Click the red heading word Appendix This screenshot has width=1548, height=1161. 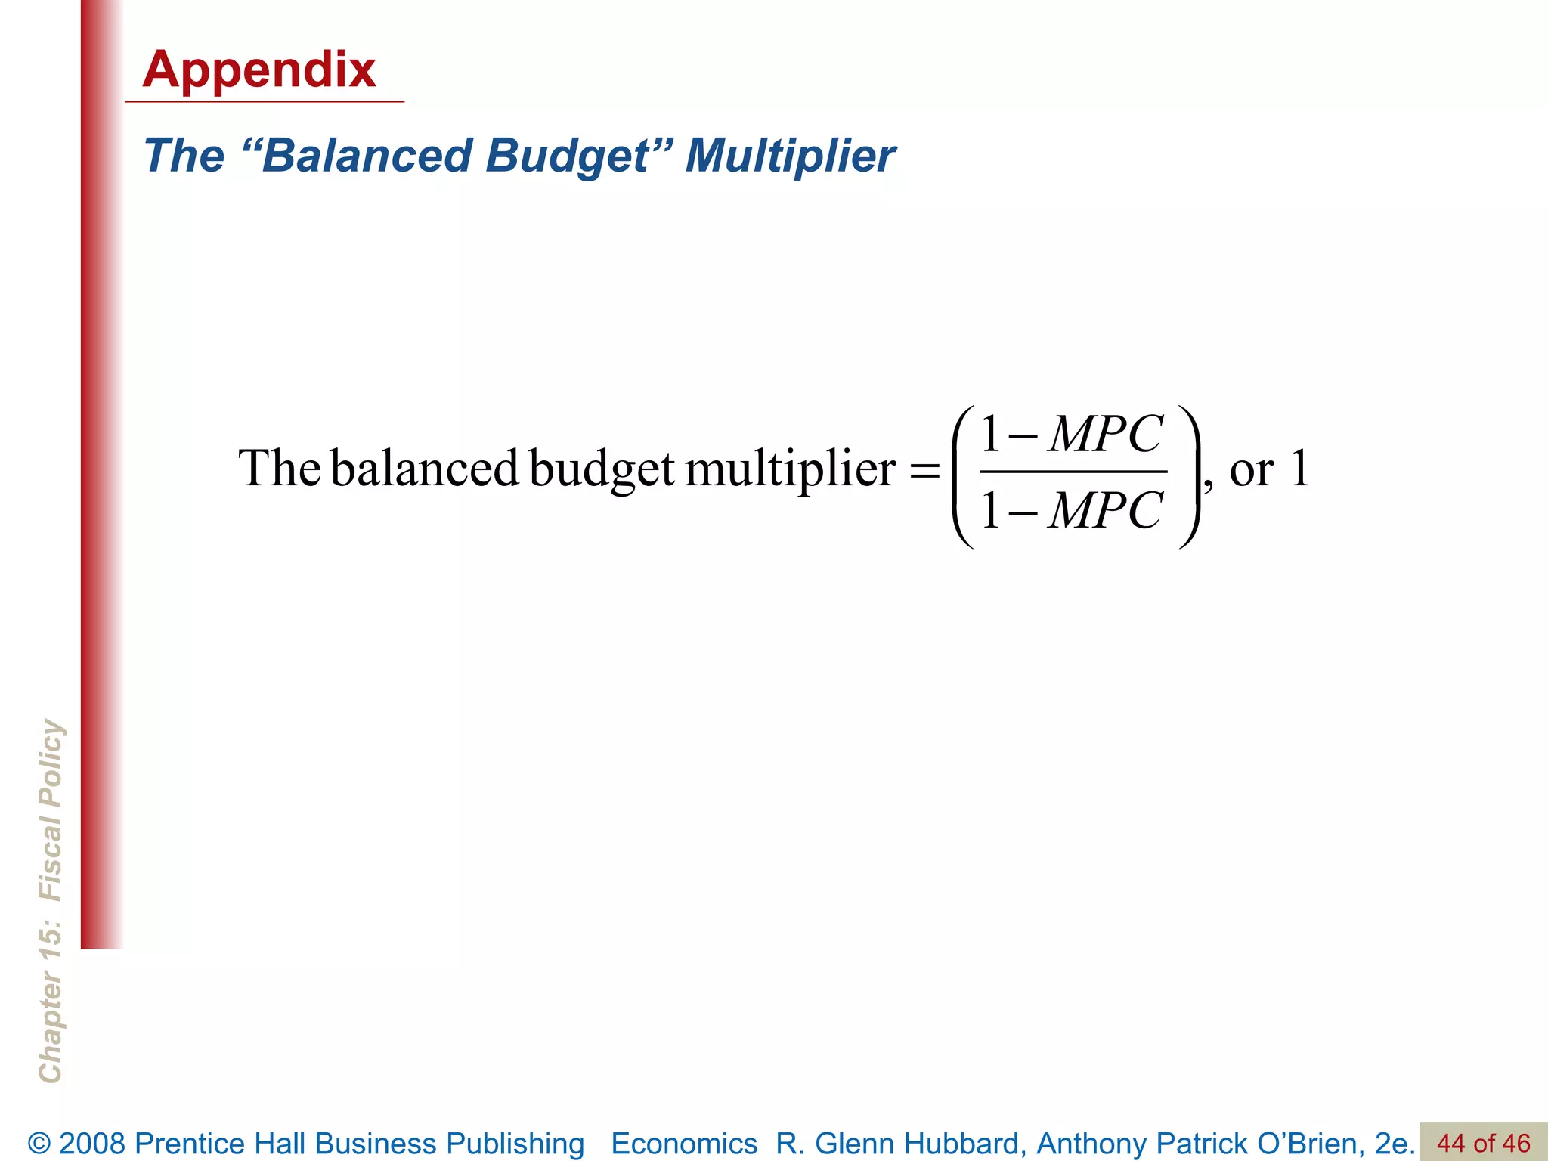click(259, 70)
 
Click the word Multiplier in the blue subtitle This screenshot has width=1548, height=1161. click(790, 156)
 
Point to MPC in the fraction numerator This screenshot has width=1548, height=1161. click(1106, 435)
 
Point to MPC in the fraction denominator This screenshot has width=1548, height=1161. click(1106, 510)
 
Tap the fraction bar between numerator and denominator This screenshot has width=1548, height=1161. click(1073, 472)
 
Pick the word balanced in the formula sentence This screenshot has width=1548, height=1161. click(424, 469)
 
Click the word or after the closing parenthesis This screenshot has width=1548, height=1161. click(1251, 471)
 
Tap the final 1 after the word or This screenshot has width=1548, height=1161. click(1299, 468)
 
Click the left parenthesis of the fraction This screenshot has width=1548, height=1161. click(962, 476)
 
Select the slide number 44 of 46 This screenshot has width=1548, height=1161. click(1483, 1143)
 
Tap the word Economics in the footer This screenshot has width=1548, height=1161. click(683, 1144)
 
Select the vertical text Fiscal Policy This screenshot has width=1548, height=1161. click(51, 810)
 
